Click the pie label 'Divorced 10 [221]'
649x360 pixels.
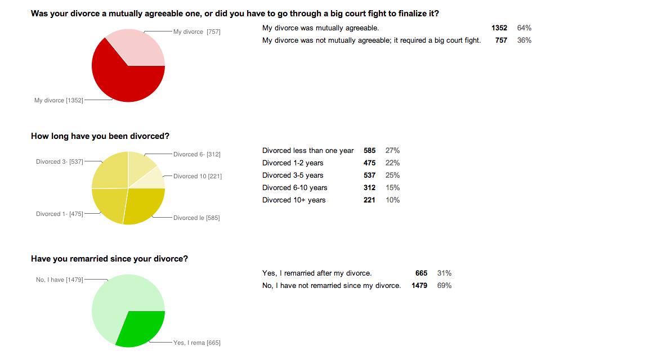tap(198, 176)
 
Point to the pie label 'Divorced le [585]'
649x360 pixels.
tap(196, 218)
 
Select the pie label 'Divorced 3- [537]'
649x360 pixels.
tap(60, 161)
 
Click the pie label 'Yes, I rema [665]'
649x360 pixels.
tap(197, 343)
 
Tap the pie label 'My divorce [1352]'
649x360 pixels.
tap(59, 100)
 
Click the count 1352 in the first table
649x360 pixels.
tap(499, 28)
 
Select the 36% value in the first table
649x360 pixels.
tap(524, 40)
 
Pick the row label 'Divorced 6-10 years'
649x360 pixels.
tap(294, 187)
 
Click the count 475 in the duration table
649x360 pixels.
tap(369, 163)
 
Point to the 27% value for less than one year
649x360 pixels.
tap(392, 150)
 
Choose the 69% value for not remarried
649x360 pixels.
tap(444, 285)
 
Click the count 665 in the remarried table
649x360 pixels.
tap(421, 273)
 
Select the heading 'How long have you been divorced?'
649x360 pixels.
tap(100, 136)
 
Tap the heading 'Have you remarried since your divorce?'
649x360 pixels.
tap(109, 259)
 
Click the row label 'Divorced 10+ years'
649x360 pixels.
tap(294, 200)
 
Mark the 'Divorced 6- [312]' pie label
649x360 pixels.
tap(197, 154)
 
